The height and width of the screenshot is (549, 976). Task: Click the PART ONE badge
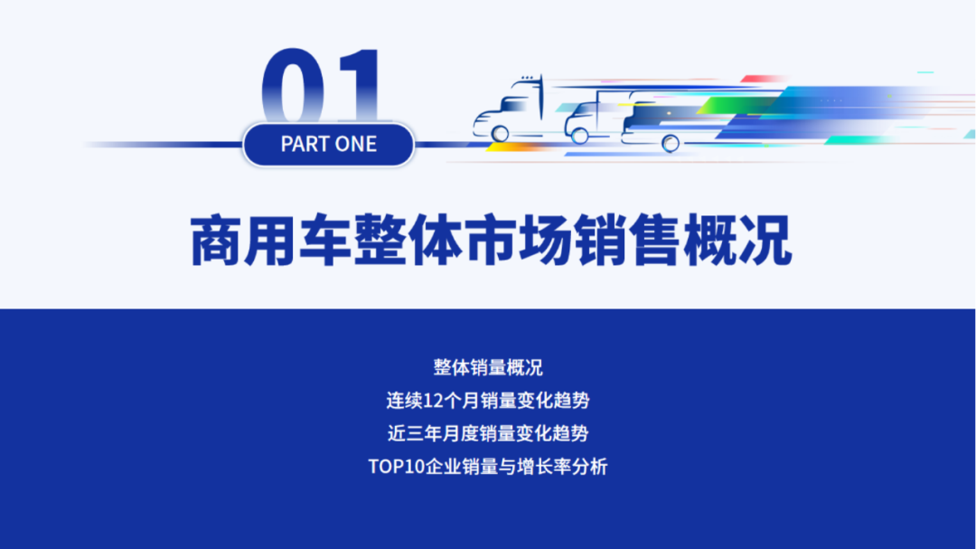(x=328, y=144)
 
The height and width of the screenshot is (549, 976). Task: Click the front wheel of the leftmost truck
(x=500, y=133)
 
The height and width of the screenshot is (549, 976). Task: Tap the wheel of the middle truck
(x=578, y=135)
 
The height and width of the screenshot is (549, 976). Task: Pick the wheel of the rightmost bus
(x=671, y=142)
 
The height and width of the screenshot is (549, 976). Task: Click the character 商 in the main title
(x=218, y=241)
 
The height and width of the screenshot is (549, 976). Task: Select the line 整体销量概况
(x=488, y=367)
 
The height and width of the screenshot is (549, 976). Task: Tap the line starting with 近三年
(x=488, y=433)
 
